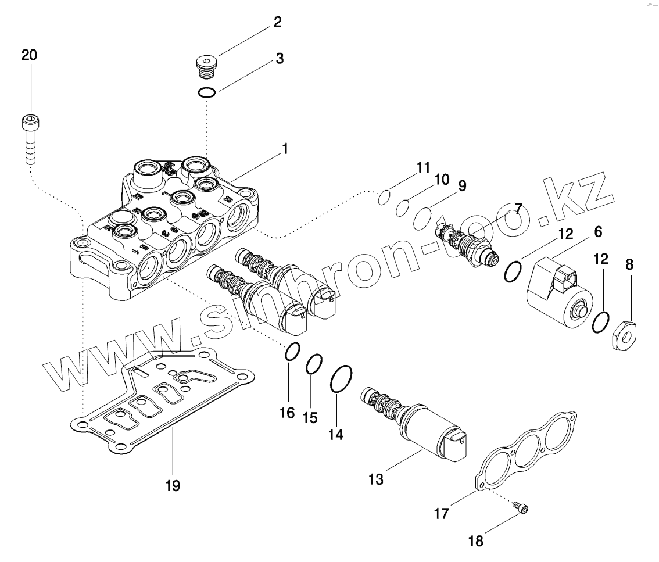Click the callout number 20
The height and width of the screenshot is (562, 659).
click(29, 56)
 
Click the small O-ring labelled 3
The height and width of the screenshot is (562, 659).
click(207, 92)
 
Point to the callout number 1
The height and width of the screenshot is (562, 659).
click(285, 149)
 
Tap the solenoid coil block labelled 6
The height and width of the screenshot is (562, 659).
click(559, 293)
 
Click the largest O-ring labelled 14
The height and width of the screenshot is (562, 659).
click(341, 381)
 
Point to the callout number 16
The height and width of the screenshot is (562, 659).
click(287, 413)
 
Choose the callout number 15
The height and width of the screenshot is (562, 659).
click(311, 418)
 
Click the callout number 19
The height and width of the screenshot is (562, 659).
click(173, 485)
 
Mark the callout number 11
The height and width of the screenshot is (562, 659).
click(422, 168)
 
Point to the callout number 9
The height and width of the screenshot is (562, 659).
click(462, 186)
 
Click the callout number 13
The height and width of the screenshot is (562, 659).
click(376, 479)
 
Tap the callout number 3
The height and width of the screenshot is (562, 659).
click(280, 59)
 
